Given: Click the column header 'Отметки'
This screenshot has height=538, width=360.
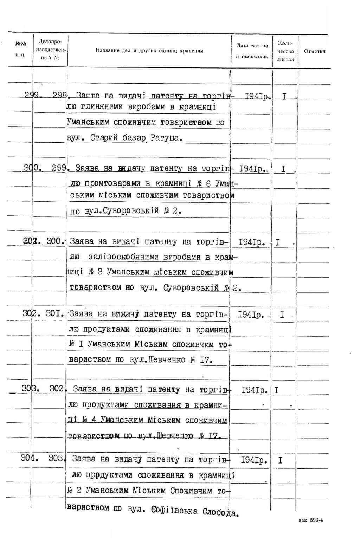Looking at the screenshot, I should (315, 51).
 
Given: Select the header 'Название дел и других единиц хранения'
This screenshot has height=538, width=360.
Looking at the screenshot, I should (149, 51).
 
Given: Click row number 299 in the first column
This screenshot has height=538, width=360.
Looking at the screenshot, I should (32, 95).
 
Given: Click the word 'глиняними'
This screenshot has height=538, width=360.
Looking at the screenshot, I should (106, 107).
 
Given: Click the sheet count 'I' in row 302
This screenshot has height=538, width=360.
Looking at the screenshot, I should (282, 315).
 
